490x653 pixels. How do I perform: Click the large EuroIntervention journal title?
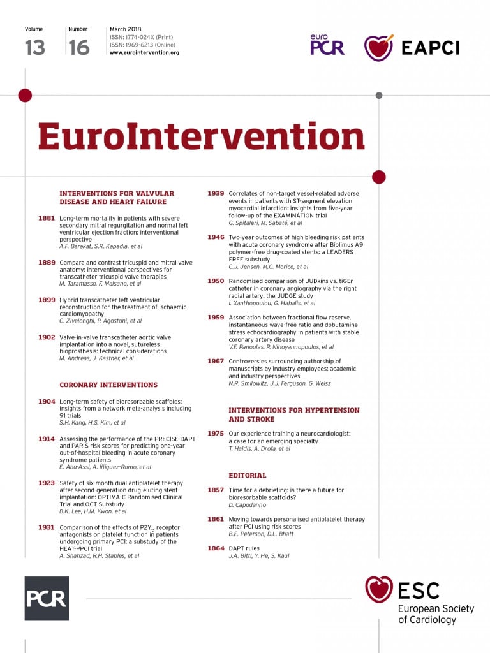pyautogui.click(x=201, y=136)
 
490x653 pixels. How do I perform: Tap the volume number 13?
pyautogui.click(x=35, y=47)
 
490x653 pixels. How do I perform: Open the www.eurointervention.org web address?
pyautogui.click(x=144, y=52)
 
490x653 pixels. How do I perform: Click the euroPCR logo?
pyautogui.click(x=327, y=45)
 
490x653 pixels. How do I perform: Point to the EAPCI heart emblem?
pyautogui.click(x=378, y=48)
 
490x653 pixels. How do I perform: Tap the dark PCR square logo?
pyautogui.click(x=47, y=598)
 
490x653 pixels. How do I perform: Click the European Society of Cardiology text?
pyautogui.click(x=436, y=613)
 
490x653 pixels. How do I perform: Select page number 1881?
pyautogui.click(x=47, y=218)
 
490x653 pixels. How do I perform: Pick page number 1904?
pyautogui.click(x=47, y=402)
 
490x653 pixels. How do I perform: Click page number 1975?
pyautogui.click(x=216, y=434)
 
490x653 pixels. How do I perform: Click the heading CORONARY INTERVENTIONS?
pyautogui.click(x=108, y=385)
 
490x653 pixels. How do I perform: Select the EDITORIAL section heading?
pyautogui.click(x=248, y=475)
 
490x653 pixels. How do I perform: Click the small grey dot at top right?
pyautogui.click(x=379, y=96)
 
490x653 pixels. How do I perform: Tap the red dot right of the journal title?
pyautogui.click(x=378, y=177)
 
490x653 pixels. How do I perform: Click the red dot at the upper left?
pyautogui.click(x=25, y=96)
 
